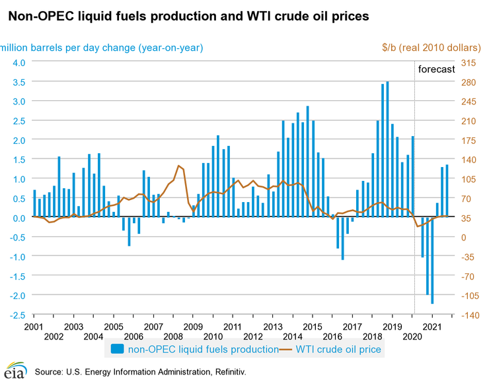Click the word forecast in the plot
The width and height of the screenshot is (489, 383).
437,69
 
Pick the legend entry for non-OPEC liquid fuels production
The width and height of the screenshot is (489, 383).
195,349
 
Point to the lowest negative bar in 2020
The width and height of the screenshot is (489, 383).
432,260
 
